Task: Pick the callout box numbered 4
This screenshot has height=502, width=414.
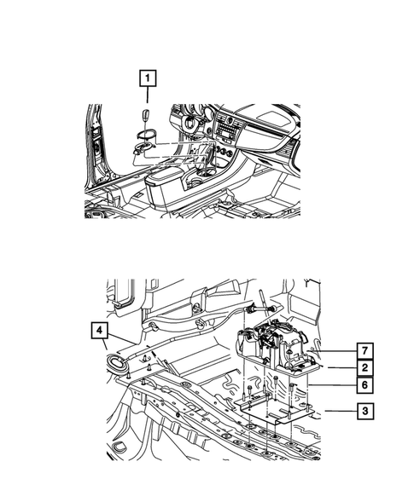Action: (x=100, y=329)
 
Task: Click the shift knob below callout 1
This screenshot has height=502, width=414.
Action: (x=146, y=116)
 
